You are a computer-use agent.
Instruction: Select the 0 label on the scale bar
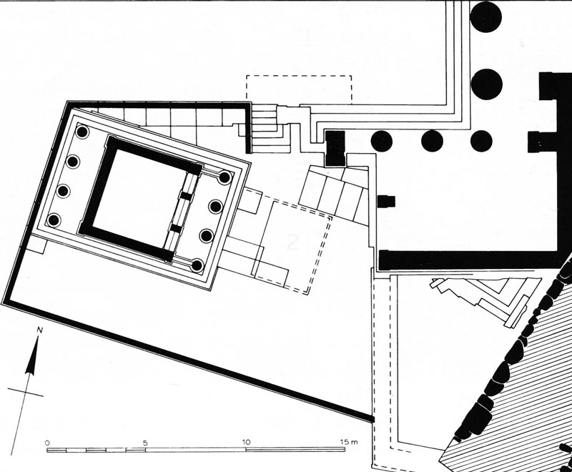[46, 442]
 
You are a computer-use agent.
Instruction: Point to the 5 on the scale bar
[145, 442]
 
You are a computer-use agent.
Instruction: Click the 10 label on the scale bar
[247, 442]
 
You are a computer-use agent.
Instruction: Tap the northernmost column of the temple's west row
[82, 133]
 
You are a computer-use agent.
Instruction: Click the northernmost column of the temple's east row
[225, 177]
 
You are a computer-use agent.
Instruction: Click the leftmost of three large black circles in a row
[382, 141]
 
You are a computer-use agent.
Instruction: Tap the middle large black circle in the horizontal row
[432, 141]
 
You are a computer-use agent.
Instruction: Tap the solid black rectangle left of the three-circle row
[334, 148]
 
